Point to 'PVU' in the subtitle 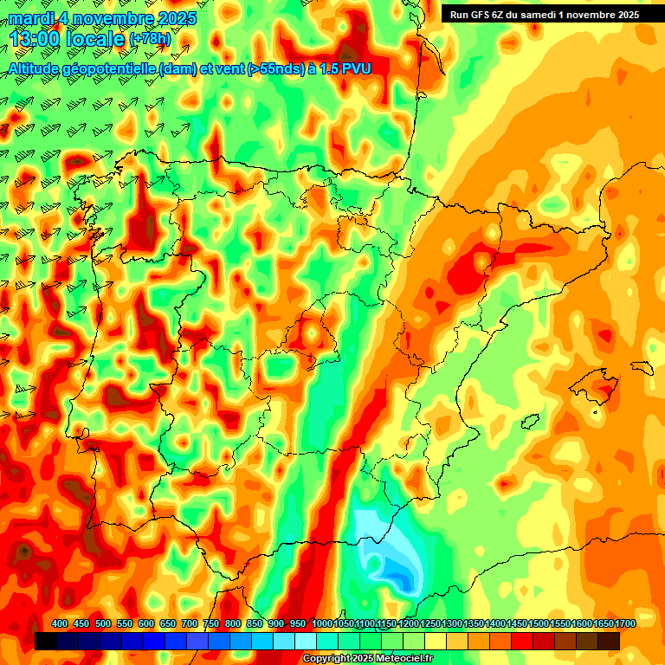(356, 68)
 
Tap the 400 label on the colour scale (60, 624)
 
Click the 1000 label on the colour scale (321, 624)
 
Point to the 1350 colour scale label (473, 624)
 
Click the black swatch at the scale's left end (46, 641)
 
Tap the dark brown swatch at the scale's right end (609, 641)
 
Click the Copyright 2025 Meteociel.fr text (367, 658)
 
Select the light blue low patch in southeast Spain (394, 554)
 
